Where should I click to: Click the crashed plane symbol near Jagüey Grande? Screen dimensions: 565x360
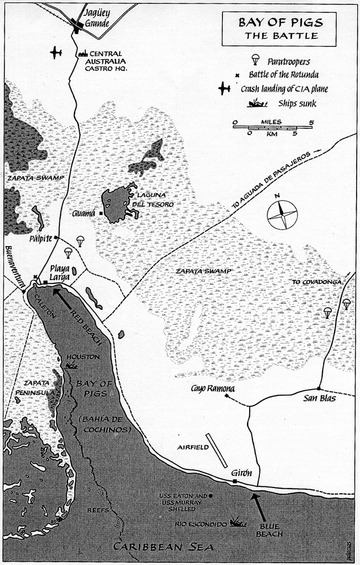pyautogui.click(x=55, y=53)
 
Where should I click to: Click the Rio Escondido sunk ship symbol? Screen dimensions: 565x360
pyautogui.click(x=237, y=523)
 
